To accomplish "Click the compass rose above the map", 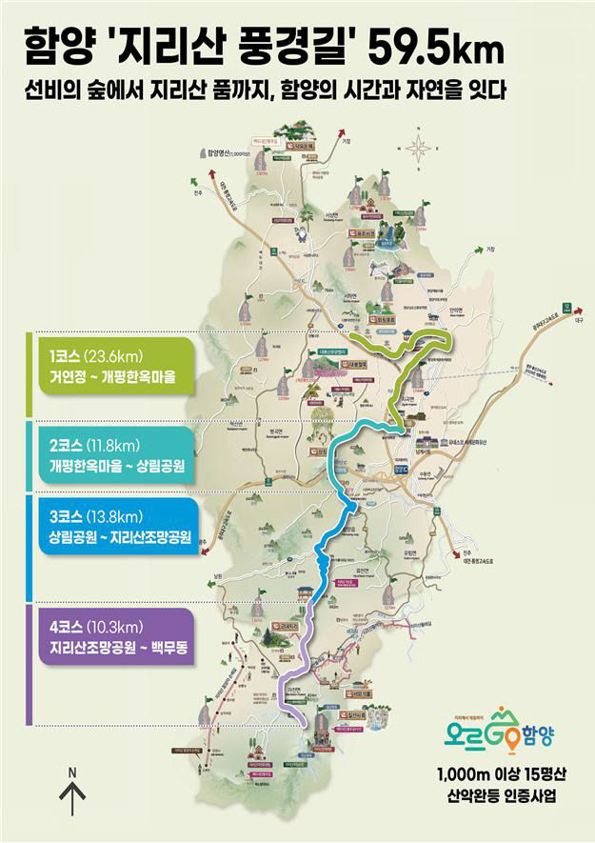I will (x=418, y=148).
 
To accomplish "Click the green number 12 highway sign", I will (x=568, y=309).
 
